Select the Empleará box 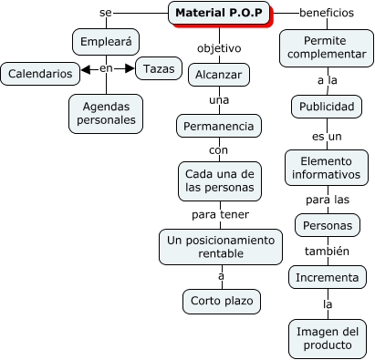click(x=106, y=42)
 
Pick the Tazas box click(x=158, y=69)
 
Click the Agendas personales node click(x=106, y=112)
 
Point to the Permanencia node click(x=219, y=124)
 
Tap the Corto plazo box click(x=220, y=300)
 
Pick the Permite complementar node click(x=325, y=49)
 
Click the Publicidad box click(x=325, y=108)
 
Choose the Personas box click(x=325, y=224)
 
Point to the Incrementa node click(x=325, y=276)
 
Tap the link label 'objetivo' click(x=220, y=46)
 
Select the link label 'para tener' click(x=219, y=215)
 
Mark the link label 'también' click(x=325, y=251)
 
